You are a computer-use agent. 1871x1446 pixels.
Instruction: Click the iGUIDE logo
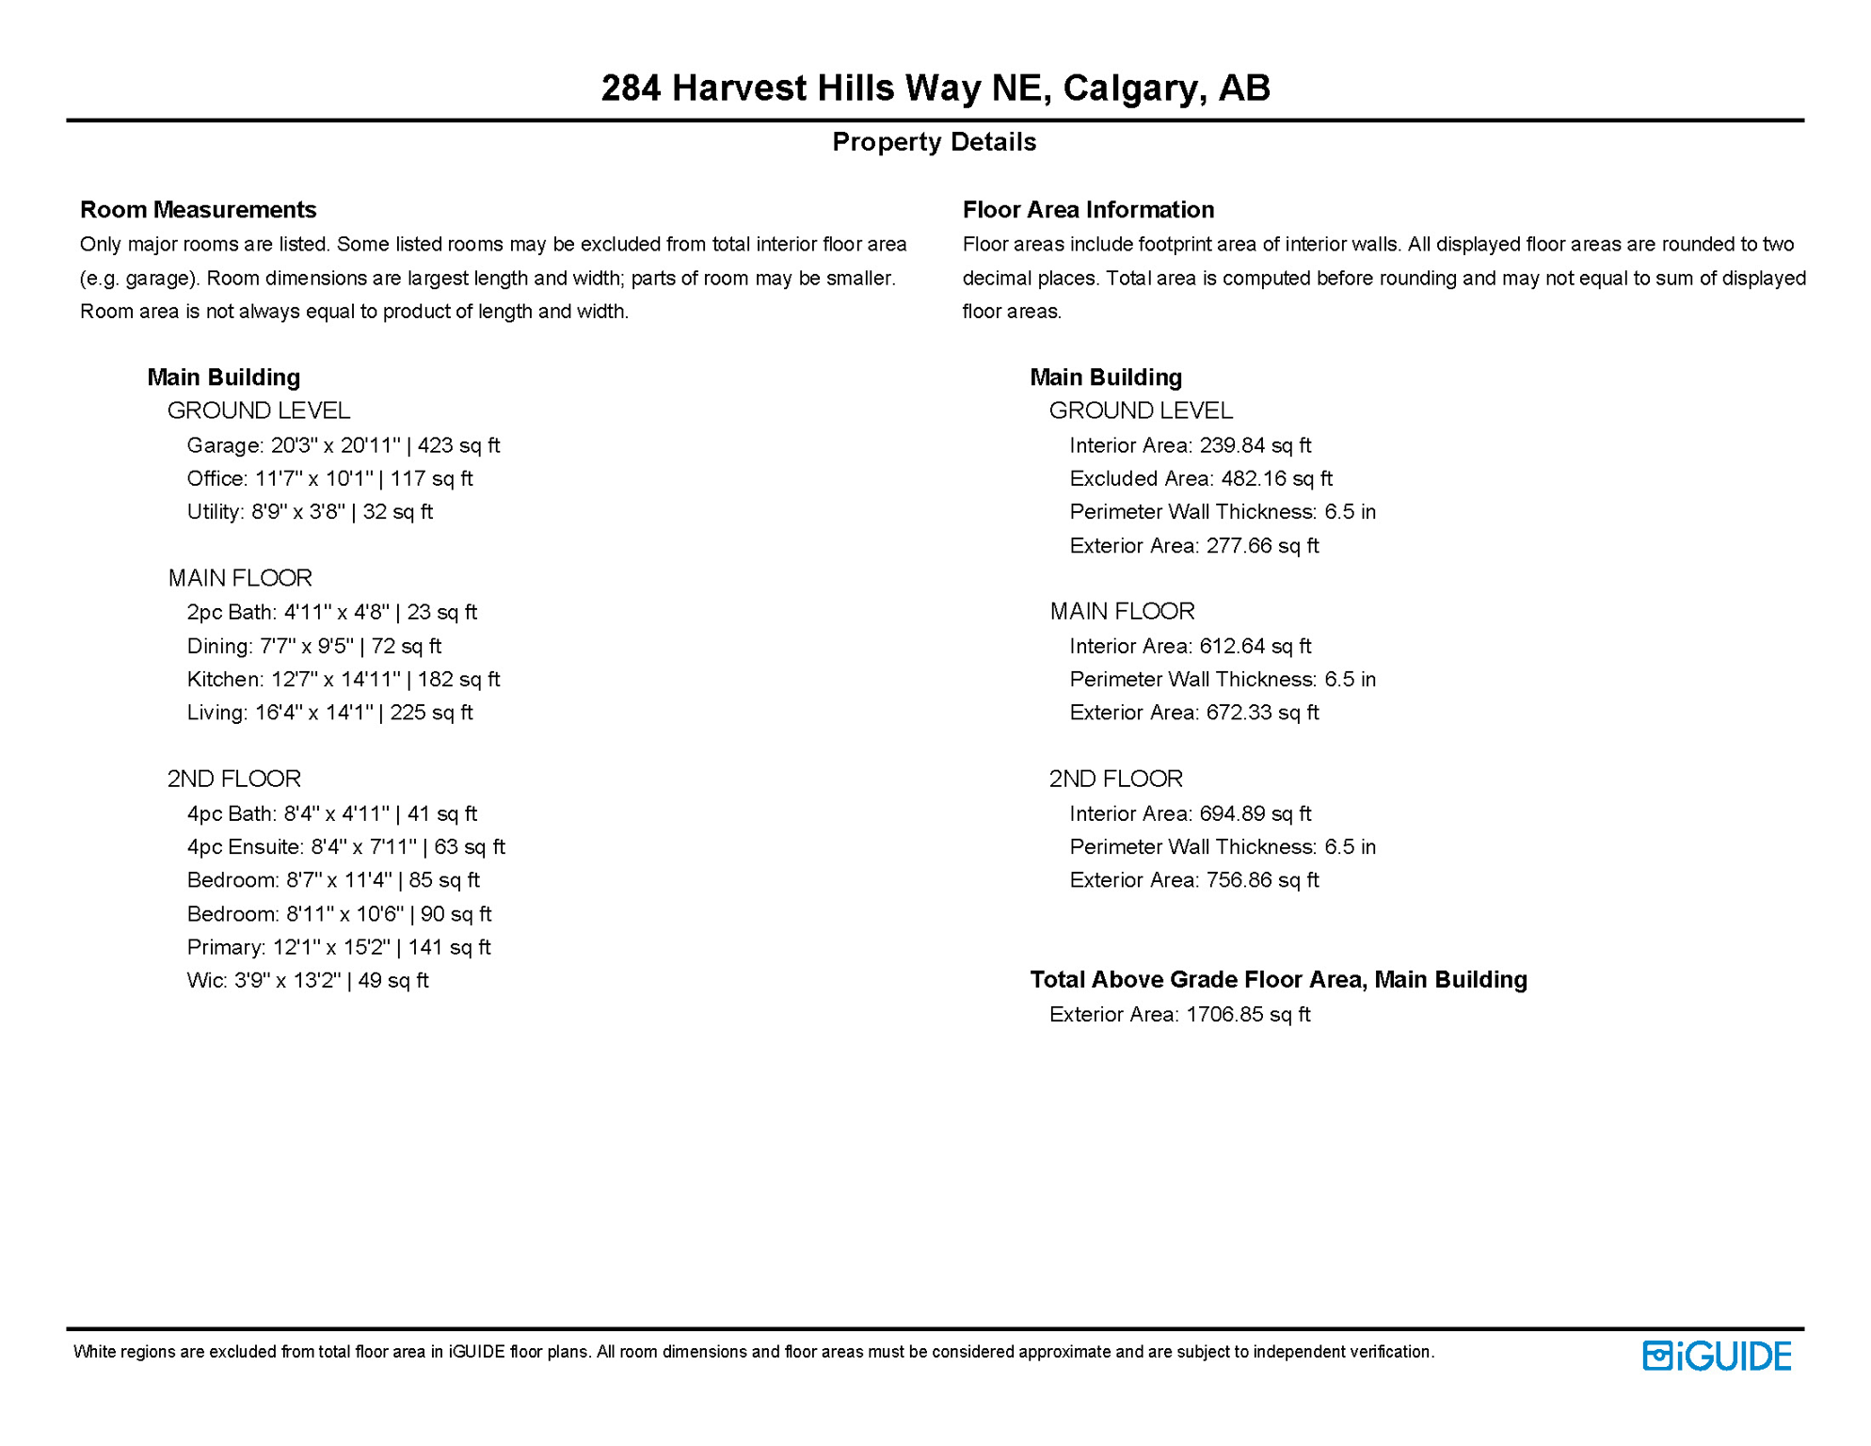pyautogui.click(x=1716, y=1356)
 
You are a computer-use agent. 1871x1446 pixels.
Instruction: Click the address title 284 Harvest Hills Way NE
pyautogui.click(x=935, y=88)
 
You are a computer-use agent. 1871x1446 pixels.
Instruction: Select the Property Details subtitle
pyautogui.click(x=934, y=142)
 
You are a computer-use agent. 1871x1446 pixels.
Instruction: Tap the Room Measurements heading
pyautogui.click(x=198, y=209)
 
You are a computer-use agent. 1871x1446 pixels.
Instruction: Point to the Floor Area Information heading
pyautogui.click(x=1087, y=209)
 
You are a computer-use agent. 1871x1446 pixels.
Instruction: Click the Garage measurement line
pyautogui.click(x=343, y=445)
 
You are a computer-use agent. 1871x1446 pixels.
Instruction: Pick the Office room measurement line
pyautogui.click(x=329, y=478)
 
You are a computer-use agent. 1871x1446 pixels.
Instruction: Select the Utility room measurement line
pyautogui.click(x=310, y=512)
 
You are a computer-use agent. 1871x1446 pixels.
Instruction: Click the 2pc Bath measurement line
pyautogui.click(x=331, y=613)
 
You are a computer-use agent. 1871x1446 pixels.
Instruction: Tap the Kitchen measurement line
pyautogui.click(x=343, y=680)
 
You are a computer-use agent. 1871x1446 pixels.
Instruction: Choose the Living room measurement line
pyautogui.click(x=329, y=713)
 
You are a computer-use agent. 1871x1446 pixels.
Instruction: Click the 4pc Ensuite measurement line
pyautogui.click(x=345, y=847)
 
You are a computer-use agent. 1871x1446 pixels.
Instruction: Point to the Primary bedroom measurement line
pyautogui.click(x=338, y=947)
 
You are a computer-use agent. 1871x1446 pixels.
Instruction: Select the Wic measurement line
pyautogui.click(x=307, y=981)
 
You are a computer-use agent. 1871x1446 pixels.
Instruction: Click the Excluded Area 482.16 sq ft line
pyautogui.click(x=1200, y=478)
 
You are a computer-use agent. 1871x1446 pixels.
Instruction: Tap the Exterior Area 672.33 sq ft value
pyautogui.click(x=1193, y=713)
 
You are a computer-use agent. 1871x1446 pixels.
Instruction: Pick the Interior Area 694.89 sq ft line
pyautogui.click(x=1190, y=813)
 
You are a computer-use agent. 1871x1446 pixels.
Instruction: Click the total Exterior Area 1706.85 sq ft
pyautogui.click(x=1179, y=1015)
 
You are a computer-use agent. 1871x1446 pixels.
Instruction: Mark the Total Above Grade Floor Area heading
pyautogui.click(x=1277, y=980)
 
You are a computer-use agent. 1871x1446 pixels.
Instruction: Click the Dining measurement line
pyautogui.click(x=313, y=647)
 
